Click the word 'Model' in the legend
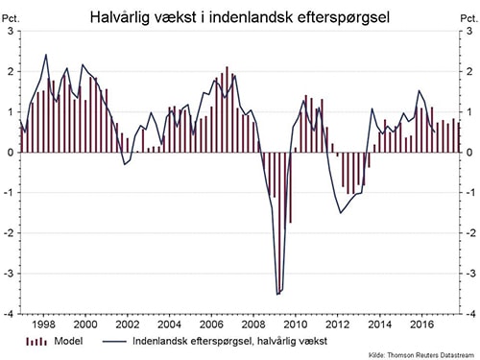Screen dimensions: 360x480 click(x=66, y=341)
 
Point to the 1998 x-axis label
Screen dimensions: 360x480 click(x=43, y=324)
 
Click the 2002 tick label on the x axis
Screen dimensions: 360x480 click(x=127, y=324)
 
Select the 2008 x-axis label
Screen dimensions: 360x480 click(x=252, y=324)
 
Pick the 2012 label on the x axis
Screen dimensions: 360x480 click(x=335, y=324)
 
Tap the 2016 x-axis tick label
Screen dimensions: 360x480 click(x=419, y=324)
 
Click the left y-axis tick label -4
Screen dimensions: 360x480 click(x=11, y=313)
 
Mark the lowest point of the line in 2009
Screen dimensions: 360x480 click(x=277, y=294)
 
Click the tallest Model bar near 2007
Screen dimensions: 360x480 click(x=227, y=67)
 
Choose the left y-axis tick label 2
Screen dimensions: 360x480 click(x=11, y=71)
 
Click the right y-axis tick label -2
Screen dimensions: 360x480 click(x=468, y=232)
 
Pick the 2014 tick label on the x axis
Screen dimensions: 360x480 click(x=377, y=324)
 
